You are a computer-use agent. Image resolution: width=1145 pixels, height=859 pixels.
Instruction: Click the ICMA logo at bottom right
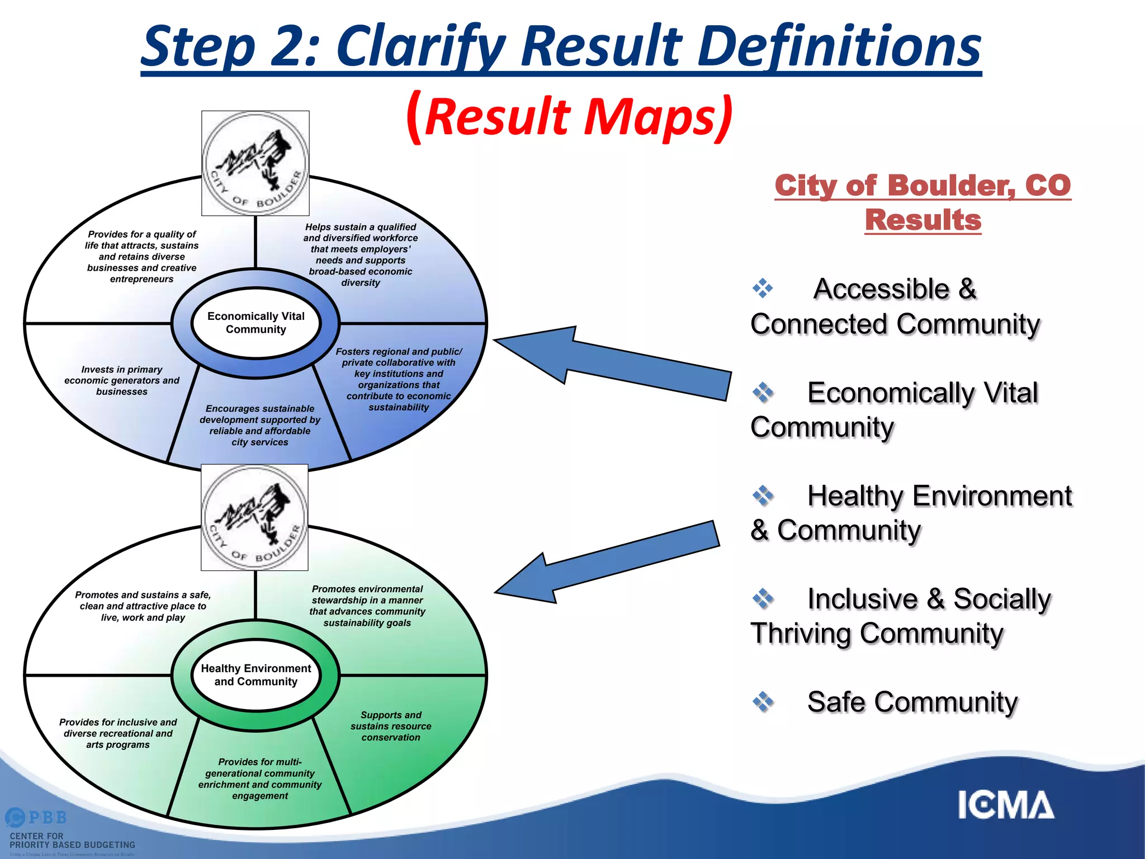tap(1005, 805)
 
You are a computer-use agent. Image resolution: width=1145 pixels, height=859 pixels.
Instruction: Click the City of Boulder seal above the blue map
tap(256, 163)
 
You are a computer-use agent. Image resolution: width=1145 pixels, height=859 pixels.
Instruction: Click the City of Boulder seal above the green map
tap(254, 517)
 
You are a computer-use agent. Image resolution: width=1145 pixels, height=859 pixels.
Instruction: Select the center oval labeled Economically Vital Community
tap(256, 323)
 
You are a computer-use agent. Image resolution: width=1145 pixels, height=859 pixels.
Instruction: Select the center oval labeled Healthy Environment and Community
tap(256, 675)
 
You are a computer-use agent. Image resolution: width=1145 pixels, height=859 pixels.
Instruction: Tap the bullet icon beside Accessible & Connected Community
tap(763, 288)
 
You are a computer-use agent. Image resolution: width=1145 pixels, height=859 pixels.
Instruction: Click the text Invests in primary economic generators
tap(122, 380)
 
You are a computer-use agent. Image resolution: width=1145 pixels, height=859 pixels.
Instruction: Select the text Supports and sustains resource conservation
tap(391, 726)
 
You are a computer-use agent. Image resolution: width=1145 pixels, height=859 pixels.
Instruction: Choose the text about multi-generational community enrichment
tap(260, 778)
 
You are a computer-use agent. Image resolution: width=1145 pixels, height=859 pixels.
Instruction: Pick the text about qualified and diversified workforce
tap(361, 254)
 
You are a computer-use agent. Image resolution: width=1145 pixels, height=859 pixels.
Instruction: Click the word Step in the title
tap(198, 48)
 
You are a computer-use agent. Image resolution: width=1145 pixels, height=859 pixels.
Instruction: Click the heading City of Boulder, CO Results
tap(922, 202)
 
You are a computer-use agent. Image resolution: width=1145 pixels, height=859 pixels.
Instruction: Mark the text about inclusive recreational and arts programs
tap(118, 733)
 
